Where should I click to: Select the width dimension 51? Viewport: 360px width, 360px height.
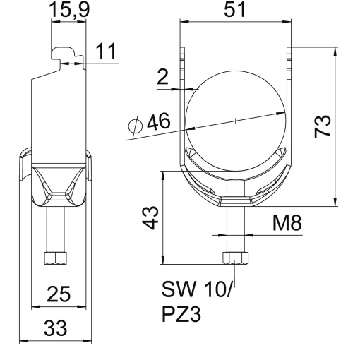(x=234, y=12)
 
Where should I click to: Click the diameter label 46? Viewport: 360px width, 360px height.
(x=158, y=124)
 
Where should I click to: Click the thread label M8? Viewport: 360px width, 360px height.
(x=287, y=224)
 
